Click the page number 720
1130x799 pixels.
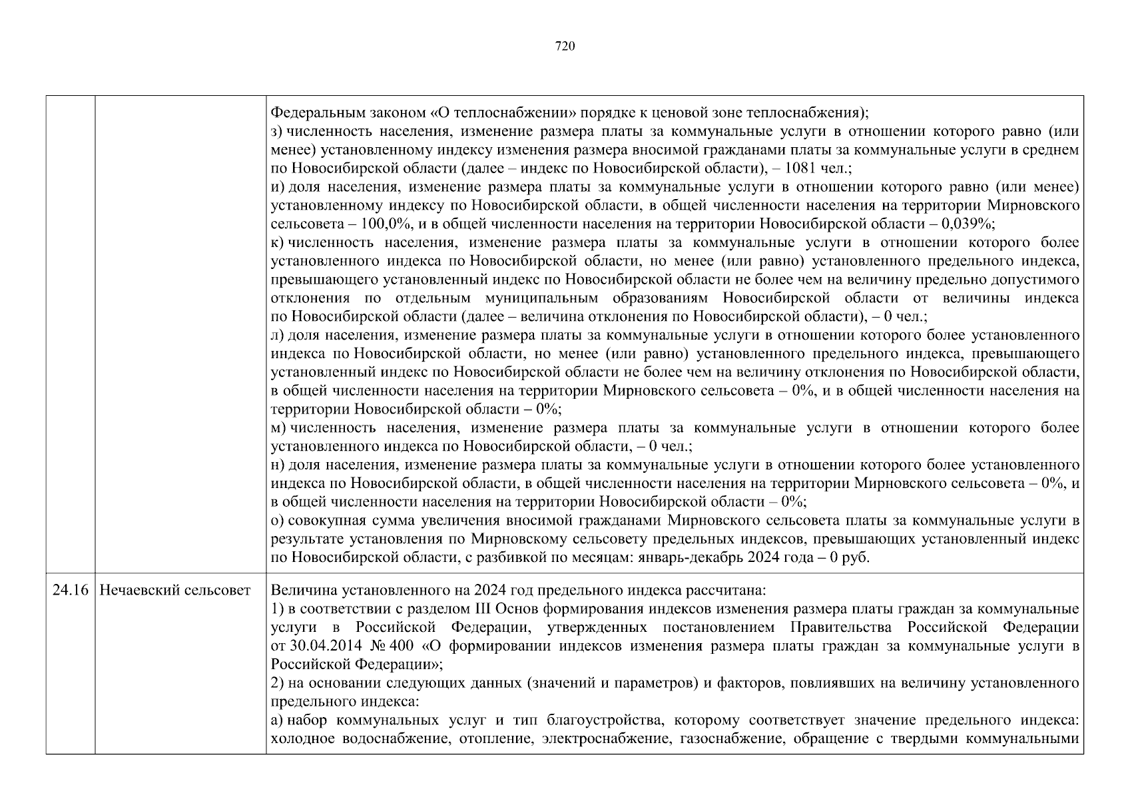pos(564,46)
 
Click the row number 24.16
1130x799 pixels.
pos(70,590)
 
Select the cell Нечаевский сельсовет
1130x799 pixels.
pos(174,590)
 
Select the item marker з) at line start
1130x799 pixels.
pos(278,131)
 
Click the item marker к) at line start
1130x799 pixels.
pos(278,242)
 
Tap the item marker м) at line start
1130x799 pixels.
pos(278,427)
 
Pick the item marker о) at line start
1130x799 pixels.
pos(278,520)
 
